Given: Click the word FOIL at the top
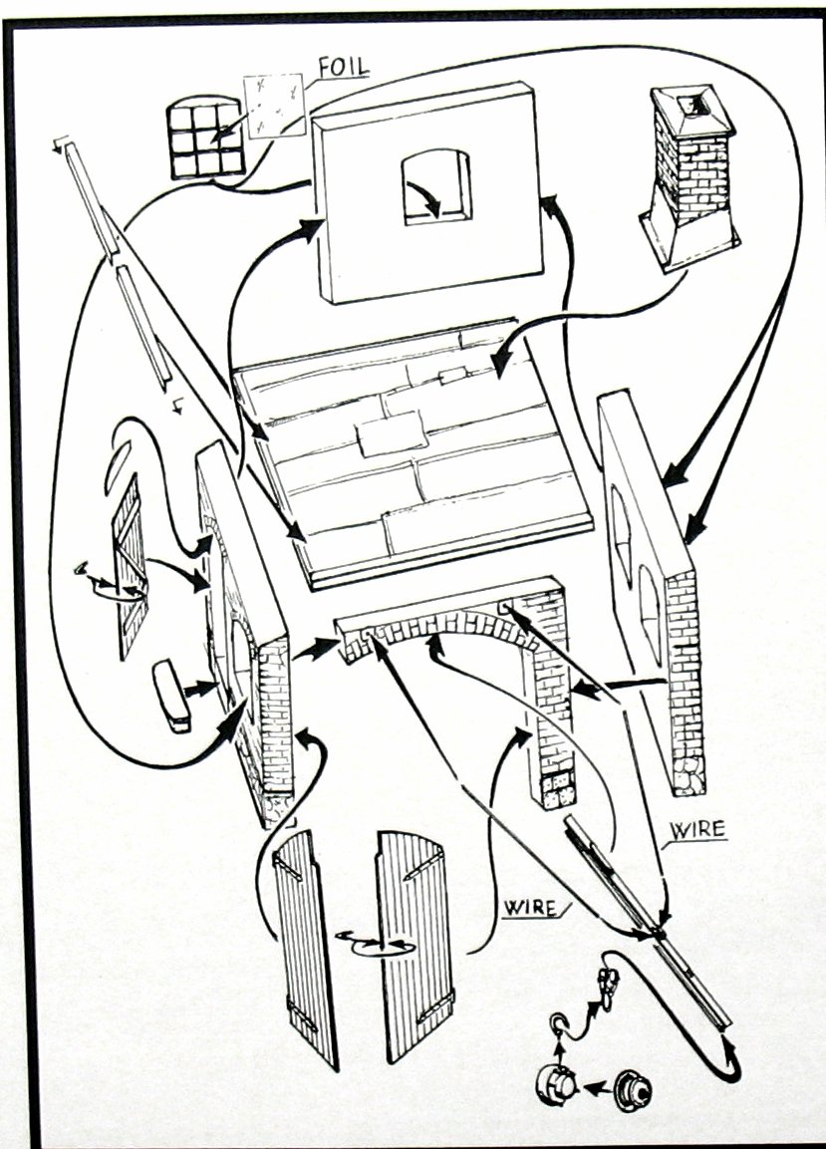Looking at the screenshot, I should [x=343, y=67].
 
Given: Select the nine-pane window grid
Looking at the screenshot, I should [x=207, y=141].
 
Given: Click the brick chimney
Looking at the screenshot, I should [x=690, y=179].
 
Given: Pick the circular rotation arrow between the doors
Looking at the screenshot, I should [x=369, y=939].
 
